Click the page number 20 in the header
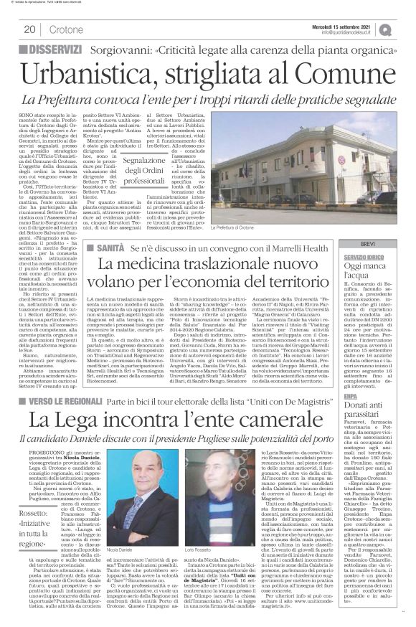coord(30,29)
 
